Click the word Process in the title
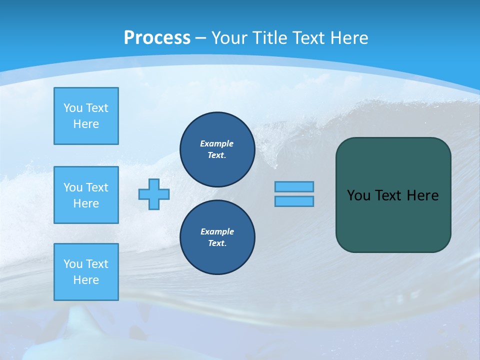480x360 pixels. click(157, 38)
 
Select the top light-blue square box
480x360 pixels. click(86, 116)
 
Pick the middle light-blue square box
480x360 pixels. click(86, 195)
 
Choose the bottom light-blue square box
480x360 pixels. click(86, 272)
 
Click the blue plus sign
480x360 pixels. click(154, 194)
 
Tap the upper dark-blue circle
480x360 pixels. click(217, 149)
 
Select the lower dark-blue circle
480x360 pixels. click(217, 237)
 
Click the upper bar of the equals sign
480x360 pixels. click(294, 187)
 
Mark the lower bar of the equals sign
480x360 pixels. click(294, 201)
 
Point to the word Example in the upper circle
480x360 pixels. click(216, 143)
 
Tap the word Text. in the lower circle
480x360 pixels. click(217, 243)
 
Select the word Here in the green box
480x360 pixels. click(422, 195)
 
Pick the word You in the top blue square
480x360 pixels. click(73, 108)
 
